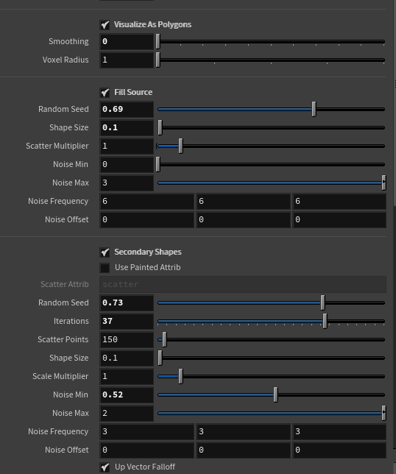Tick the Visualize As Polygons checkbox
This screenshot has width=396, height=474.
pos(105,25)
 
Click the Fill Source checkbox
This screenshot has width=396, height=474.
pos(105,93)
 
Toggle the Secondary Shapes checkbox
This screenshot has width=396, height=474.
pos(105,252)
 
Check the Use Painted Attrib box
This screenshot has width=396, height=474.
pos(105,268)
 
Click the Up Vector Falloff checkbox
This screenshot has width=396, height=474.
pos(105,467)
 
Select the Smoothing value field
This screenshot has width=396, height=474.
pos(127,41)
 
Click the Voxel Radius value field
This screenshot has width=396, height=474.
pos(127,60)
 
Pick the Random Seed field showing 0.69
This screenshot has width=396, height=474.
pos(127,109)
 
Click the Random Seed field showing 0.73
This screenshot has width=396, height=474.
pos(127,303)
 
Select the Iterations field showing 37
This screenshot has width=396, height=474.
pos(127,321)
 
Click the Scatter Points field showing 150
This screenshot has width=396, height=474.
pos(127,339)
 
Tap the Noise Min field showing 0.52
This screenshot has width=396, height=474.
pos(127,395)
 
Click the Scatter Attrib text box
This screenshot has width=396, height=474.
pos(243,284)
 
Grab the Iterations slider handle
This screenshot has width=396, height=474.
pos(325,321)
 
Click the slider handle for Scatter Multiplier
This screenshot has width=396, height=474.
pos(181,146)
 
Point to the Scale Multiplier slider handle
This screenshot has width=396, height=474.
pos(181,376)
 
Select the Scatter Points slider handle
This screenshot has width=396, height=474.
pos(164,339)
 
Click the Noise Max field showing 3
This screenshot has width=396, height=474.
pos(127,183)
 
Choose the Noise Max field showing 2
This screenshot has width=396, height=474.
pos(127,413)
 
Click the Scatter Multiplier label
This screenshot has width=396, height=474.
pos(57,146)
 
